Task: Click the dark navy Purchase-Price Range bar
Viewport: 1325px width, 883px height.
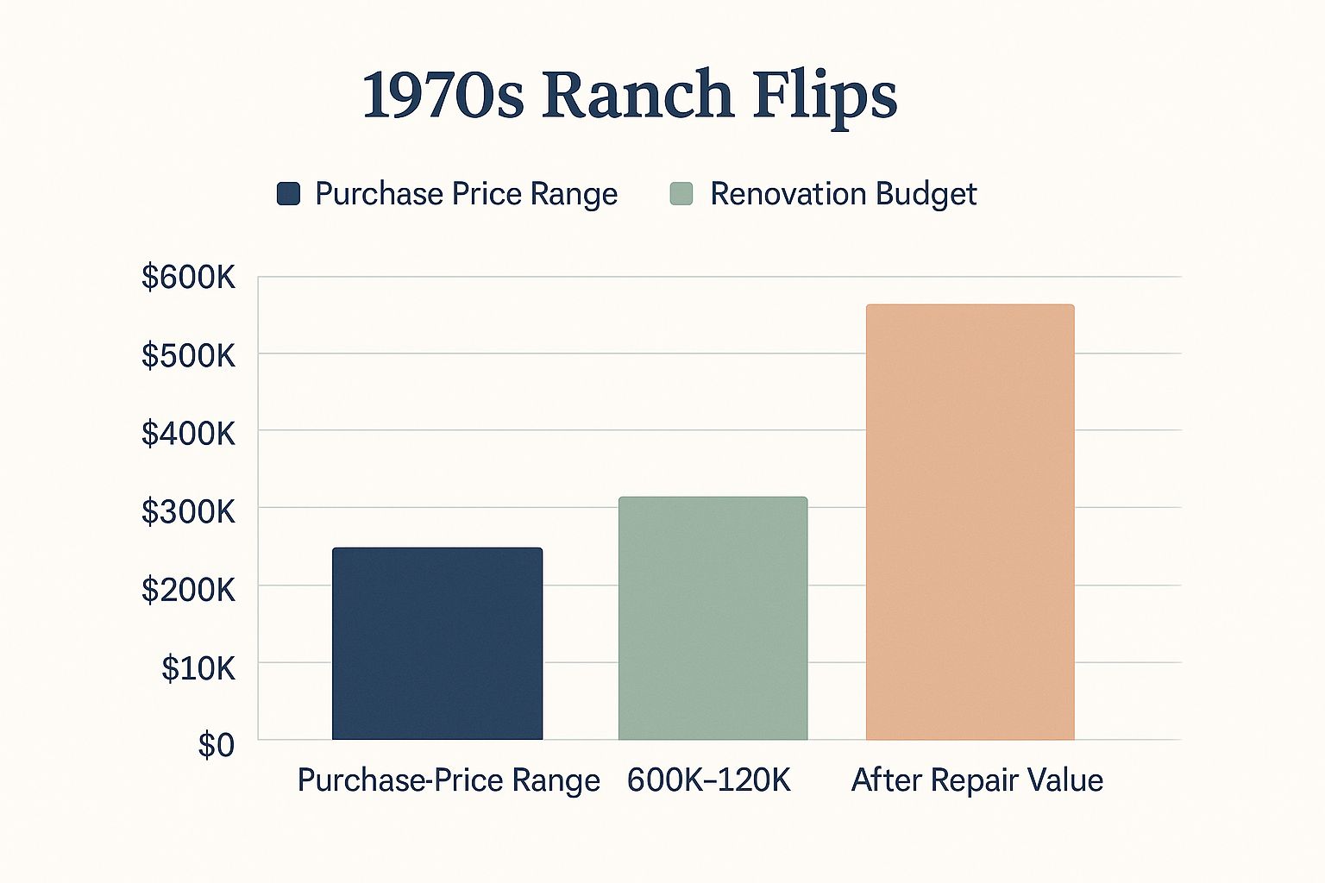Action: (x=437, y=643)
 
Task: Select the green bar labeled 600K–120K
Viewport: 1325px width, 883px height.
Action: (x=713, y=618)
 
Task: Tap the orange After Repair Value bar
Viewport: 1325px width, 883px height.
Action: (x=970, y=522)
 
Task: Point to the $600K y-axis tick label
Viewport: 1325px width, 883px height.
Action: (x=188, y=278)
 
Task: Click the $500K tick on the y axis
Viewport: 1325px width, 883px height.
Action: (x=188, y=355)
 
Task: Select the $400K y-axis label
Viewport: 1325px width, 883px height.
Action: (x=188, y=433)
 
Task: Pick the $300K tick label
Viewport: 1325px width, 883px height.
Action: (x=188, y=511)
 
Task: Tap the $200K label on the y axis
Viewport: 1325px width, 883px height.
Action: (x=188, y=590)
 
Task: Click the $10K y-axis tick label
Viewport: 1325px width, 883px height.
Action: (x=198, y=668)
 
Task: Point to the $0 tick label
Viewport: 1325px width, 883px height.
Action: (x=216, y=745)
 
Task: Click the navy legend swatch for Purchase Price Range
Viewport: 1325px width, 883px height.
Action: (x=288, y=194)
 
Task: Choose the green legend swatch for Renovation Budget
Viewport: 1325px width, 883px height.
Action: (x=681, y=194)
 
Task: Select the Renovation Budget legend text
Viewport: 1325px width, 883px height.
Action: (x=843, y=194)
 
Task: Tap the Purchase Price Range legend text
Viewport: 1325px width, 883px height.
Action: (x=466, y=194)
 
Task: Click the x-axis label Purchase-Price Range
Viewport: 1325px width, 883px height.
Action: (x=449, y=780)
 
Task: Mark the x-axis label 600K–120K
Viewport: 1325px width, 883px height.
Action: (x=708, y=780)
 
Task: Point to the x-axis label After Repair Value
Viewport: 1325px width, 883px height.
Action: (x=977, y=780)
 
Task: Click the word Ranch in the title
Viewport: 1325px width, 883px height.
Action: (x=637, y=95)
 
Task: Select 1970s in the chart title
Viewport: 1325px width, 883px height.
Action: (x=443, y=95)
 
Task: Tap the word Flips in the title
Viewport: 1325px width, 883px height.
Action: (x=825, y=95)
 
